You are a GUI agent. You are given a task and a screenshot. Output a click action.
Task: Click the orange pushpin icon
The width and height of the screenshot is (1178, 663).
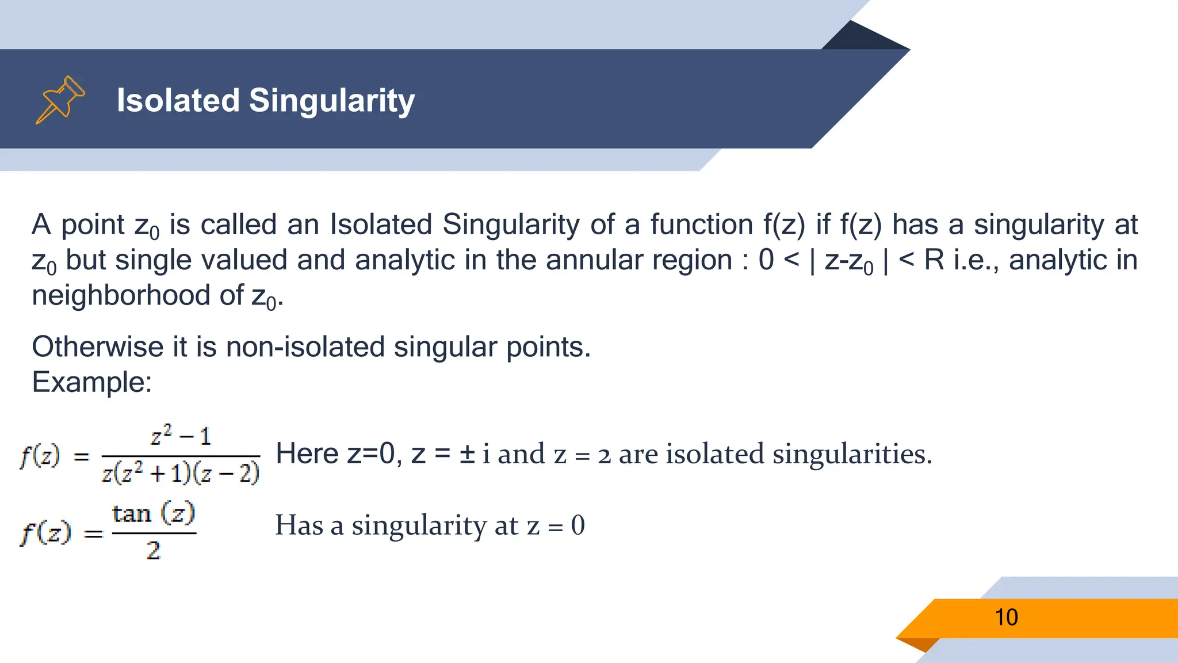click(x=60, y=100)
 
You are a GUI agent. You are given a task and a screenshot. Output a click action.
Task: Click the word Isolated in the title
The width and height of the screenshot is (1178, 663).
click(x=178, y=100)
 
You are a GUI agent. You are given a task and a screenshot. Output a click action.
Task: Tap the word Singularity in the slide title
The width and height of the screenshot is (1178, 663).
click(x=331, y=101)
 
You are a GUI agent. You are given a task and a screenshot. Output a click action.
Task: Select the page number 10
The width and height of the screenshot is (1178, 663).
click(x=1006, y=618)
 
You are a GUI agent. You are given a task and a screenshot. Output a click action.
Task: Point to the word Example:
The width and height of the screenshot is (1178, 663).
click(x=91, y=382)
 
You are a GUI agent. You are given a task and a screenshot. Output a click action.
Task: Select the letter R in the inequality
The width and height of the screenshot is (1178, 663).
click(x=934, y=260)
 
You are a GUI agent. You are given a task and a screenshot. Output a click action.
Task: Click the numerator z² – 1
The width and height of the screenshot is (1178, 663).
click(x=181, y=436)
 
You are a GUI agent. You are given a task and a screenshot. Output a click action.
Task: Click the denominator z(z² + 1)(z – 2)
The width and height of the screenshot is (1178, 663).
click(x=181, y=473)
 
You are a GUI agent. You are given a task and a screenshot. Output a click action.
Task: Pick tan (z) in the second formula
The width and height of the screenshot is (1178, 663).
click(x=154, y=513)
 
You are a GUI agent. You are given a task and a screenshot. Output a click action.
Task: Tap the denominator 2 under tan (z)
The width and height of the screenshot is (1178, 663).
click(x=153, y=551)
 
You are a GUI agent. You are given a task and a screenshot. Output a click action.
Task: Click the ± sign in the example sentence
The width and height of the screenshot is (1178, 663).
click(x=467, y=454)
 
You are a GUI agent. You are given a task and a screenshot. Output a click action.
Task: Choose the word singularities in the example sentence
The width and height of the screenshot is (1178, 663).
click(x=851, y=454)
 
